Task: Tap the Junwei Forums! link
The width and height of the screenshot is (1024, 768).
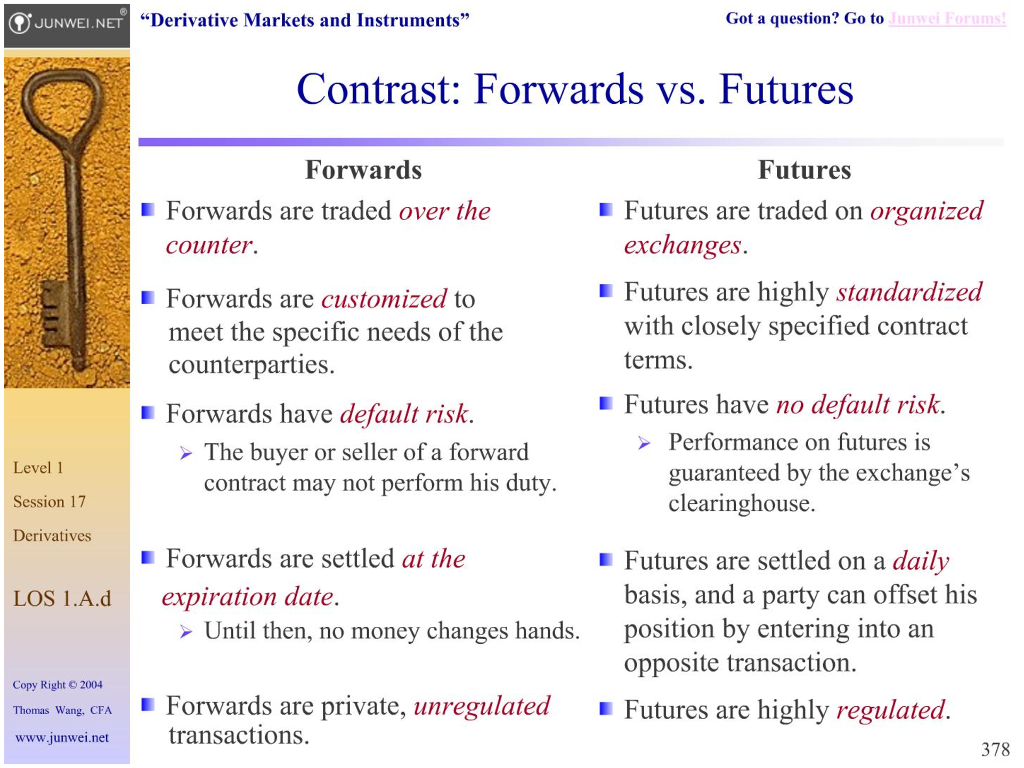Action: point(947,19)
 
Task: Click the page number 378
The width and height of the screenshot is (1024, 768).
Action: point(995,749)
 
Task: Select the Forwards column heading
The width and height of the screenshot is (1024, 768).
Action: point(363,170)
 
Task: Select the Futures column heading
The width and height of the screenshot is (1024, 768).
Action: point(804,170)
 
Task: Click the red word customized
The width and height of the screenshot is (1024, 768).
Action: point(384,299)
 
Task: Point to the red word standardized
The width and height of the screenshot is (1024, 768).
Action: point(909,292)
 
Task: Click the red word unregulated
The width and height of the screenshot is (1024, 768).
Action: point(482,706)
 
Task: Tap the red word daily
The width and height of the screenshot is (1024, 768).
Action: point(921,561)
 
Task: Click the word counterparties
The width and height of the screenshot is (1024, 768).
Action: point(251,365)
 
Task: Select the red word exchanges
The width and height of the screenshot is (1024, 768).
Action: point(682,246)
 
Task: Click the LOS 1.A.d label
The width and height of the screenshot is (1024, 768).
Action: point(62,599)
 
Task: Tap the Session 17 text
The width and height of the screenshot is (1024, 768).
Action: point(49,502)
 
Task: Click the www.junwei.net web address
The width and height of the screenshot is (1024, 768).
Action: point(62,738)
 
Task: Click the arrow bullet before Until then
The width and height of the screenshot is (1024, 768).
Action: point(185,632)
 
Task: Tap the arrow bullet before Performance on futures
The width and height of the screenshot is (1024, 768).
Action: point(644,443)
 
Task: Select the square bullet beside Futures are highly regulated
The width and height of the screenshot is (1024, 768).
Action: point(606,709)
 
